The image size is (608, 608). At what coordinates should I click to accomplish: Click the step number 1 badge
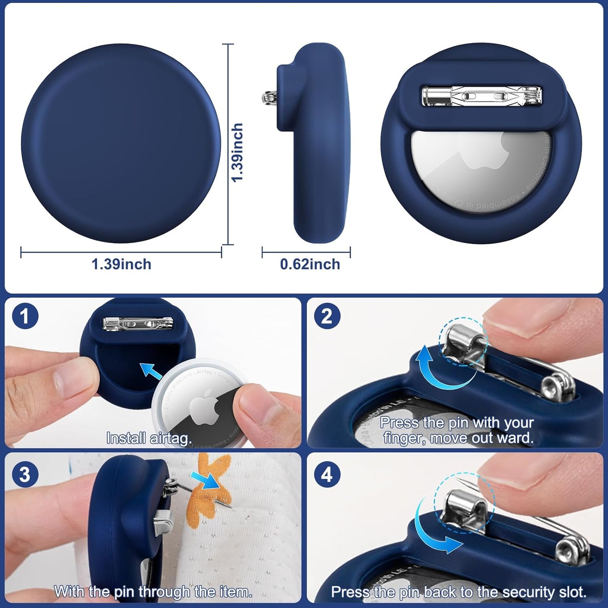[25, 316]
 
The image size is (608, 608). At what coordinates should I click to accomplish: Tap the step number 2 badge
[327, 316]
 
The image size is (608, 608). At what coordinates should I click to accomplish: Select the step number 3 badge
[25, 474]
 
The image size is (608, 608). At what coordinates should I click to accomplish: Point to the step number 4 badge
[327, 474]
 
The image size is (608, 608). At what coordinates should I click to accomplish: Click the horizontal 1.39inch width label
[121, 264]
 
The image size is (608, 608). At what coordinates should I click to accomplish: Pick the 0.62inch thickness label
[310, 264]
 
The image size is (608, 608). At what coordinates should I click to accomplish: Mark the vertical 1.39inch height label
[238, 152]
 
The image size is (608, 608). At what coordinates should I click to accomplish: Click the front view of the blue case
[121, 143]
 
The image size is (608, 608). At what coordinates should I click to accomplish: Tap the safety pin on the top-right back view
[482, 96]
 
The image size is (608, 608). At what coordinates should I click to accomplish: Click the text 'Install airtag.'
[149, 438]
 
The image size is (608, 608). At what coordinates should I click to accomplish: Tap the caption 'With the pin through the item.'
[153, 592]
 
